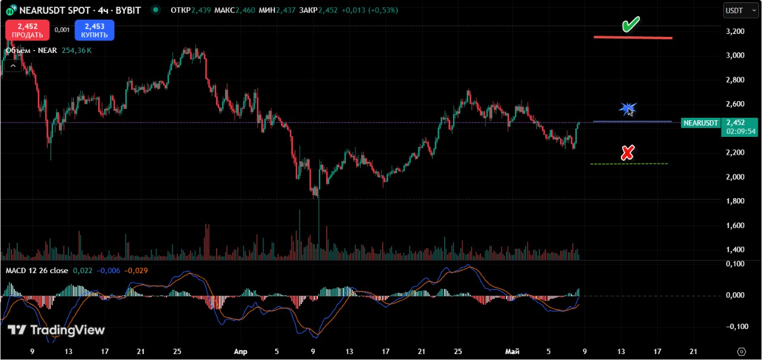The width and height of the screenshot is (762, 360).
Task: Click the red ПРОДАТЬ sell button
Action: tap(27, 30)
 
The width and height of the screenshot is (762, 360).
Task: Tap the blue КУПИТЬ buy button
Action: tap(95, 30)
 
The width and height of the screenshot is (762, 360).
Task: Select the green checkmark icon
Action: tap(630, 24)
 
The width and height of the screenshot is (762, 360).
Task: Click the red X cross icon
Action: tap(627, 153)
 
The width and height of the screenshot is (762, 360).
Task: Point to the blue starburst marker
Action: tap(627, 109)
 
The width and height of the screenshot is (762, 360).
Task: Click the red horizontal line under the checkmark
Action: tap(633, 37)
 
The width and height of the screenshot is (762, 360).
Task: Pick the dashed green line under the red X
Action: tap(629, 164)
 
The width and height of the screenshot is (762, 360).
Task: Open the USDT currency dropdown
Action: tap(741, 11)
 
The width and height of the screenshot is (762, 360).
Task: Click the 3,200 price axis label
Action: tap(735, 32)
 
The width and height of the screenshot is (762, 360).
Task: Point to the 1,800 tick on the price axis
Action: tap(735, 201)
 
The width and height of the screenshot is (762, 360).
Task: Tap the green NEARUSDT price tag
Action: tap(701, 123)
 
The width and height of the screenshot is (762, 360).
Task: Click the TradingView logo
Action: tap(56, 330)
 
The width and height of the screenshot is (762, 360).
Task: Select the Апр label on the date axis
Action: tap(241, 352)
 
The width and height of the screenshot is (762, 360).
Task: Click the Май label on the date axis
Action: tap(513, 352)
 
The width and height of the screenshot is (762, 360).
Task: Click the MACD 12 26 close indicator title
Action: tap(37, 271)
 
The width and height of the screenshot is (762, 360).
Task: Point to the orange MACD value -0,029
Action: tap(136, 271)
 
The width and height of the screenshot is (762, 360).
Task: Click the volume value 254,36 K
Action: tap(77, 51)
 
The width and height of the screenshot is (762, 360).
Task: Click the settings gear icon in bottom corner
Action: tap(742, 352)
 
